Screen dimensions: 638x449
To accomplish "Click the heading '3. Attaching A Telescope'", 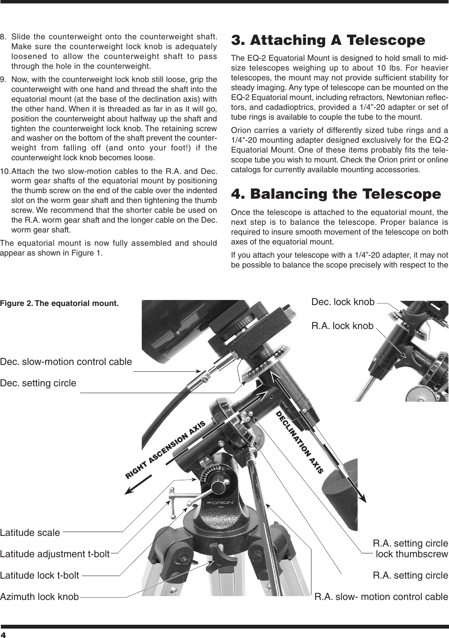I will coord(328,40).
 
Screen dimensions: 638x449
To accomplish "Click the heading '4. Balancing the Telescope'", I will coord(335,194).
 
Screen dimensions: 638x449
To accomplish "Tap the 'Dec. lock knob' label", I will coord(343,302).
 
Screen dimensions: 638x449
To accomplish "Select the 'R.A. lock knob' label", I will coord(342,326).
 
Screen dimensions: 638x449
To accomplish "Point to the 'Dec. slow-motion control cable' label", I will coord(66,362).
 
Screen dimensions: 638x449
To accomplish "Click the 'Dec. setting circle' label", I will coord(38,383).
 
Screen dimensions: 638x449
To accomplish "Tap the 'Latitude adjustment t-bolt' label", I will coord(55,554).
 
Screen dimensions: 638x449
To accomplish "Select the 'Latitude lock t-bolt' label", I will coord(39,575).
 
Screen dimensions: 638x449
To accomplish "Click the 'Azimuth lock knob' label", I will coord(39,597).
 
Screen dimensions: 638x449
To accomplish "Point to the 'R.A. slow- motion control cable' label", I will coord(381,597).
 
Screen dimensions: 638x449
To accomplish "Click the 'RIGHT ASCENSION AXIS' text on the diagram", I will coord(166,450).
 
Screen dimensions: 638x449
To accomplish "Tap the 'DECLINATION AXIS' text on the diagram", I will coord(299,442).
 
